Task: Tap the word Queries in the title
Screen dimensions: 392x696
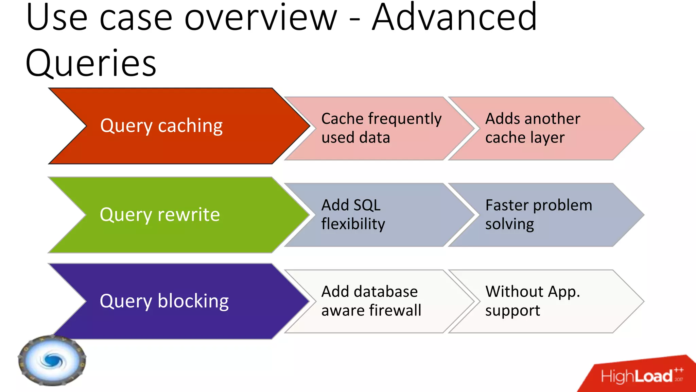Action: (x=91, y=63)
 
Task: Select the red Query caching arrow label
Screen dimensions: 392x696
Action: (x=161, y=126)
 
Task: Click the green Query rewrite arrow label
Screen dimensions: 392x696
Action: (x=160, y=215)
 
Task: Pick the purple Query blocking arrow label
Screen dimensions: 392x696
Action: (x=164, y=301)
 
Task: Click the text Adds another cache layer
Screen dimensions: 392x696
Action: (x=532, y=128)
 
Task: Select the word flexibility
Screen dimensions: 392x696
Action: (x=353, y=224)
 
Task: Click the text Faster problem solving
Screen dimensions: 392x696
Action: (x=538, y=214)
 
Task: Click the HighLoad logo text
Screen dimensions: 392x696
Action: (x=637, y=376)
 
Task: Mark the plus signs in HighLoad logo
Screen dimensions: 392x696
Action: (x=679, y=370)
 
